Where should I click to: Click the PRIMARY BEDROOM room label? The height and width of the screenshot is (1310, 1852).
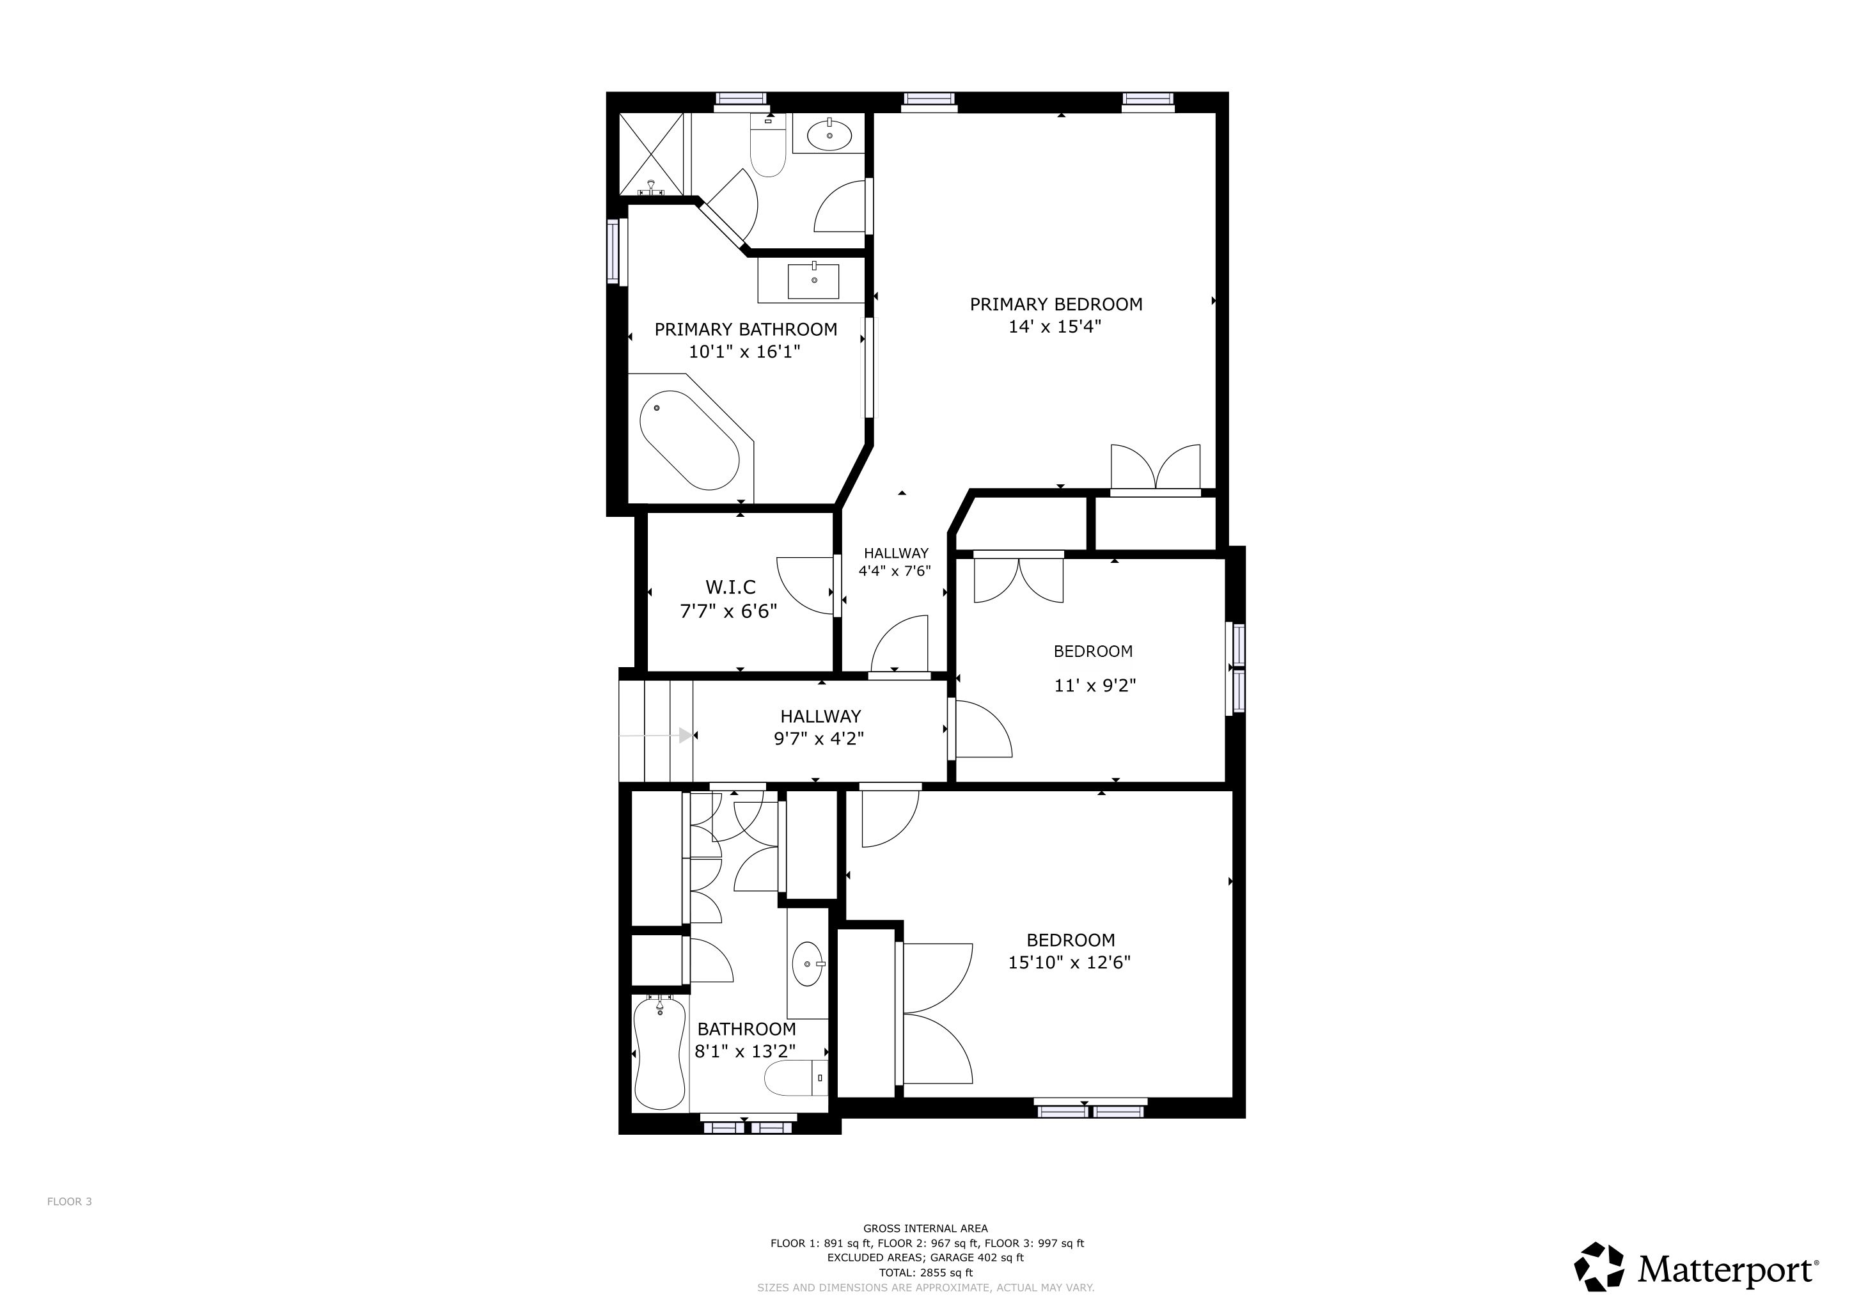coord(1056,304)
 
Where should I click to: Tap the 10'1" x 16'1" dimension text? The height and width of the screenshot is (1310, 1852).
coord(744,352)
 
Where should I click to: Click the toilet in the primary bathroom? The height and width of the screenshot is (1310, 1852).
coord(768,145)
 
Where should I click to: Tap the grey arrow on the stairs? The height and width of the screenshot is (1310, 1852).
coord(655,735)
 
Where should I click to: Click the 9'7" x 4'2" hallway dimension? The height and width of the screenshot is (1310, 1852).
coord(819,738)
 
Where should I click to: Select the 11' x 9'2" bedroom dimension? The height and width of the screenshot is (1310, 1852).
coord(1095,686)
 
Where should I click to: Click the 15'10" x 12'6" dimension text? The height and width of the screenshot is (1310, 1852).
coord(1070,962)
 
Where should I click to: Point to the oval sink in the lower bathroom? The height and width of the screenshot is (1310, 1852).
coord(809,964)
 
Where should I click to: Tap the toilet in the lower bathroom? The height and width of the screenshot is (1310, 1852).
coord(796,1078)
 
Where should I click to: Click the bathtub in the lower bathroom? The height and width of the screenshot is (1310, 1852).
coord(660,1053)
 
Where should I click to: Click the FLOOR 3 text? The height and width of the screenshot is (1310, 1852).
coord(69,1201)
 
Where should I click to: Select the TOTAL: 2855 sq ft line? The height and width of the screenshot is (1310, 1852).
coord(926,1273)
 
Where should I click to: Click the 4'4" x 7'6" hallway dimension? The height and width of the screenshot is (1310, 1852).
coord(895,571)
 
